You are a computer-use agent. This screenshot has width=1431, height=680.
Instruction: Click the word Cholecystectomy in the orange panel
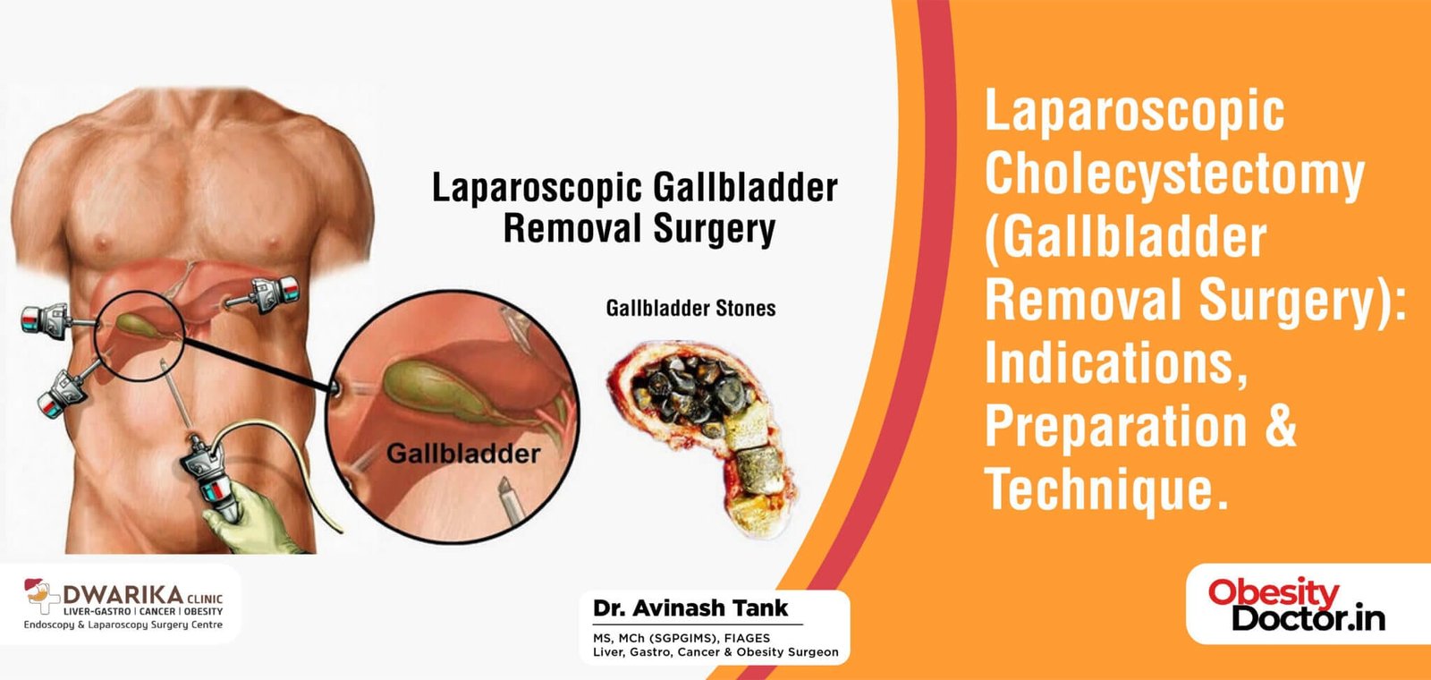point(1173,174)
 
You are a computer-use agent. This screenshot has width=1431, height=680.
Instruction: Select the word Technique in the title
point(1100,489)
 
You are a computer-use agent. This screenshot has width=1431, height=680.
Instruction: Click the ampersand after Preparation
point(1281,426)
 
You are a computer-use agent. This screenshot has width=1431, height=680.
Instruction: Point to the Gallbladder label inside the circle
point(462,454)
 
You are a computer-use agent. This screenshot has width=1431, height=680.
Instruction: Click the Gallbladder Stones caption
point(690,309)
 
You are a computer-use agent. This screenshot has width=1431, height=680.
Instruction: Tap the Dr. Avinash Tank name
point(690,608)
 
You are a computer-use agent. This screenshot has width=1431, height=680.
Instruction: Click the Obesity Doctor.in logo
point(1296,605)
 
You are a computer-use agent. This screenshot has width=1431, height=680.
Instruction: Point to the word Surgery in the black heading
point(714,229)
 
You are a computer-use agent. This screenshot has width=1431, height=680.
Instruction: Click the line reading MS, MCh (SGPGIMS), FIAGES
point(681,638)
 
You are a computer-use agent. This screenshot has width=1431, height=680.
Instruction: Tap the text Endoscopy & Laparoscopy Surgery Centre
point(123,625)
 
